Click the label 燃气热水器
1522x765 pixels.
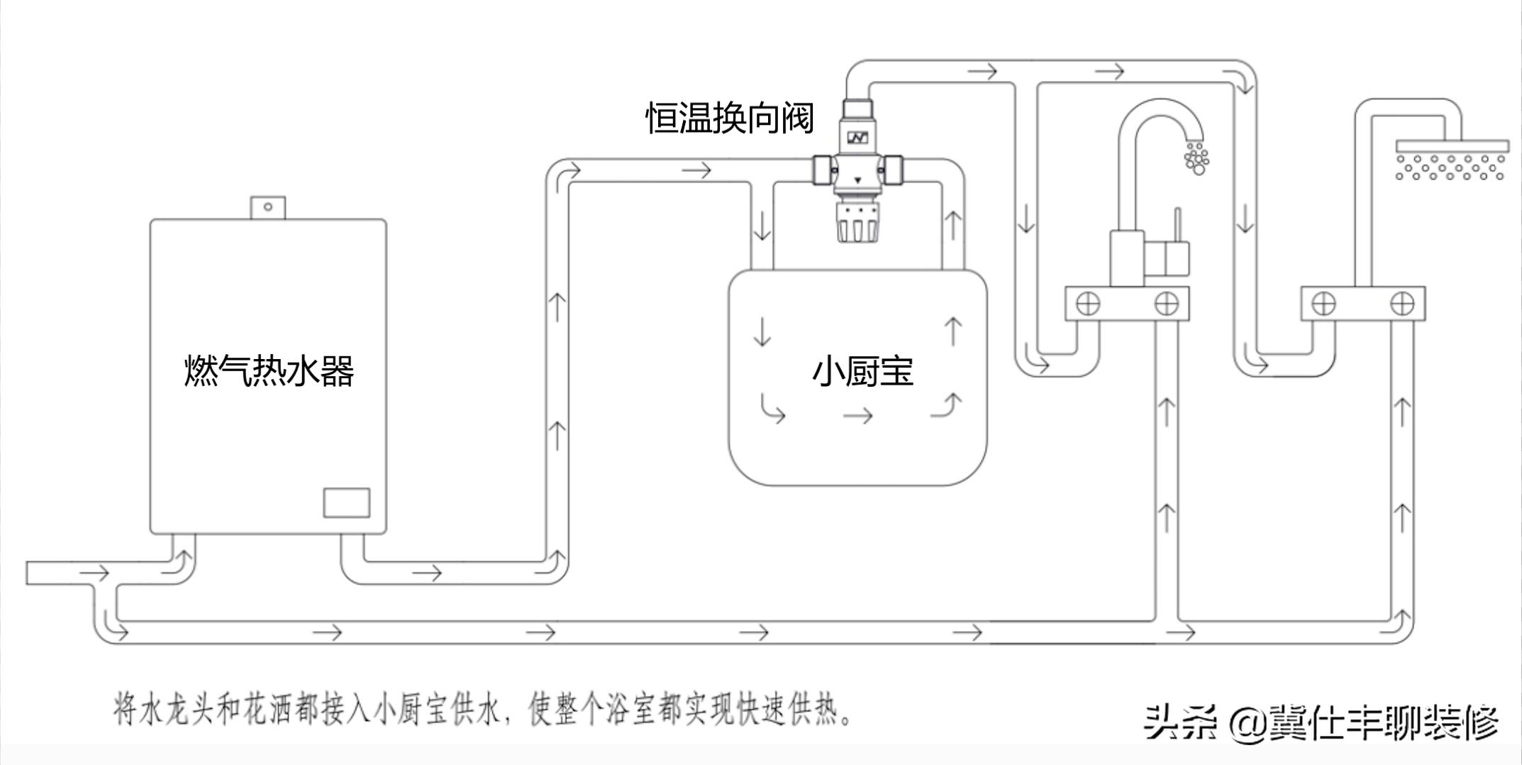point(269,370)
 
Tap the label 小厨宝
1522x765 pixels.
point(862,371)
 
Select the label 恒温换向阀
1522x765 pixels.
point(730,117)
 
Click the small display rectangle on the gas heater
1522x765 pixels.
point(346,502)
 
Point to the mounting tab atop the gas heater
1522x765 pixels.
point(268,207)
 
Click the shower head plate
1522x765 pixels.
point(1452,146)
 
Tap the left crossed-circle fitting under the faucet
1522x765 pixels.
point(1088,304)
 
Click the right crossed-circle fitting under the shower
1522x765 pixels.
point(1402,304)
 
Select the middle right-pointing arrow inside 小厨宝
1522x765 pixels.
point(857,416)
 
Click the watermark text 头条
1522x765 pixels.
point(1181,723)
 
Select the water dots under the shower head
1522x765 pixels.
point(1450,167)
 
